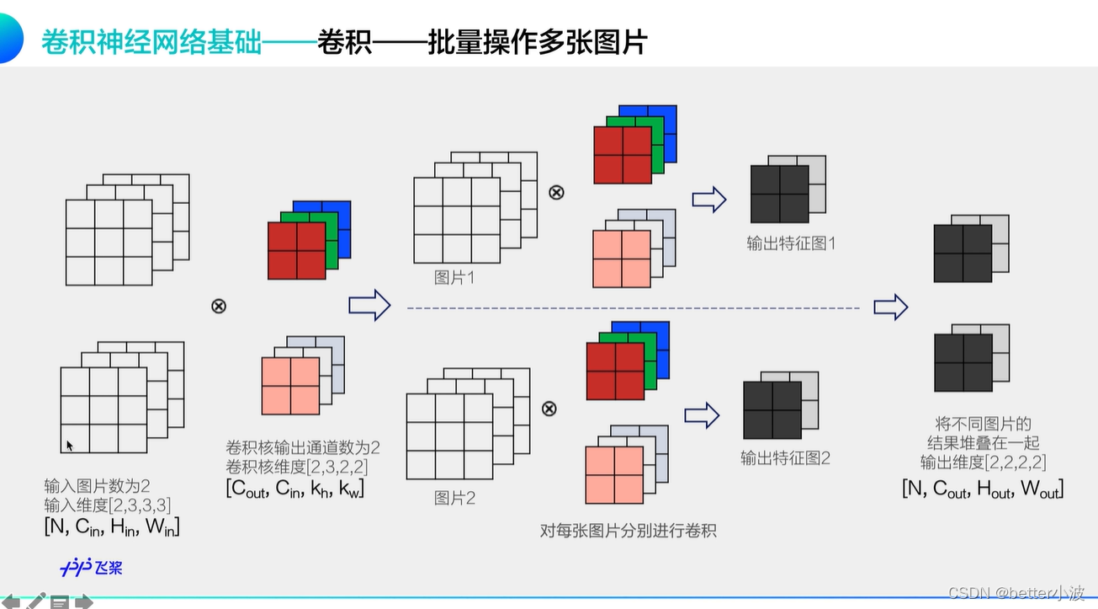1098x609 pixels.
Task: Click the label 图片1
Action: click(454, 277)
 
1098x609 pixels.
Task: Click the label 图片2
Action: click(454, 498)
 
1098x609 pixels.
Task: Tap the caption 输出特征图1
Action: click(791, 244)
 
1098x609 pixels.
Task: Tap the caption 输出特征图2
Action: click(785, 458)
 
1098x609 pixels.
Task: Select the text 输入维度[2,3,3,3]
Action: click(108, 505)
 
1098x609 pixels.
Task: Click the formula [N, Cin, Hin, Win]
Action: click(112, 527)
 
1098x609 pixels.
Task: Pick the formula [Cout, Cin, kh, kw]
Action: click(294, 489)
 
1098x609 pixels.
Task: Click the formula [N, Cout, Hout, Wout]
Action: click(983, 488)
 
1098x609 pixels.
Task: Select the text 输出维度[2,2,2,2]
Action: click(983, 462)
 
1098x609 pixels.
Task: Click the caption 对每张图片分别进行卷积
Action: click(628, 531)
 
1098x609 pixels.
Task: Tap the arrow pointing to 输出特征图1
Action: click(708, 200)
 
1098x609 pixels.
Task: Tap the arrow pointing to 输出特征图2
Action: click(702, 414)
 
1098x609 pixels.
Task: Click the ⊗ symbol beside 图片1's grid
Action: click(555, 192)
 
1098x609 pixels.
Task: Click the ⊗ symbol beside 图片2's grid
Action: click(549, 409)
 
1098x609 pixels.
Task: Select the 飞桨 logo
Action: click(92, 567)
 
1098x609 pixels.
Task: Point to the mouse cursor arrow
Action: click(70, 446)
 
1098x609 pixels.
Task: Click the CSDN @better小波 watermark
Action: click(1016, 593)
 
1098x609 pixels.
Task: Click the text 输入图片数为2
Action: click(97, 486)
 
